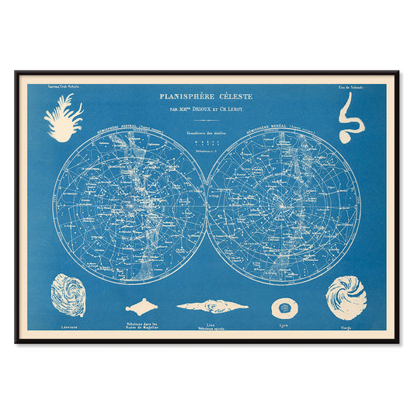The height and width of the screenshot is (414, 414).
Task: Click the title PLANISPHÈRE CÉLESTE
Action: (x=206, y=97)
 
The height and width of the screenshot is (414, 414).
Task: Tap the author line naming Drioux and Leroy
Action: (x=206, y=110)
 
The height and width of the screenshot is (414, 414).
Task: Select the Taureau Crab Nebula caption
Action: (x=64, y=87)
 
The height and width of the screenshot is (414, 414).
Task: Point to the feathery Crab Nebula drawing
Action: (x=64, y=117)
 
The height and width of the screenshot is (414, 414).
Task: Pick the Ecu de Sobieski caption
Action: (x=349, y=87)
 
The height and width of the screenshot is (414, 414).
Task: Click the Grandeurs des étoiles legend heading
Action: (x=206, y=134)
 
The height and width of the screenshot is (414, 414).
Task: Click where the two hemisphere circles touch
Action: (x=207, y=207)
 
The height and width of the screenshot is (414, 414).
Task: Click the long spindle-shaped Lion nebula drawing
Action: (x=212, y=306)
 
